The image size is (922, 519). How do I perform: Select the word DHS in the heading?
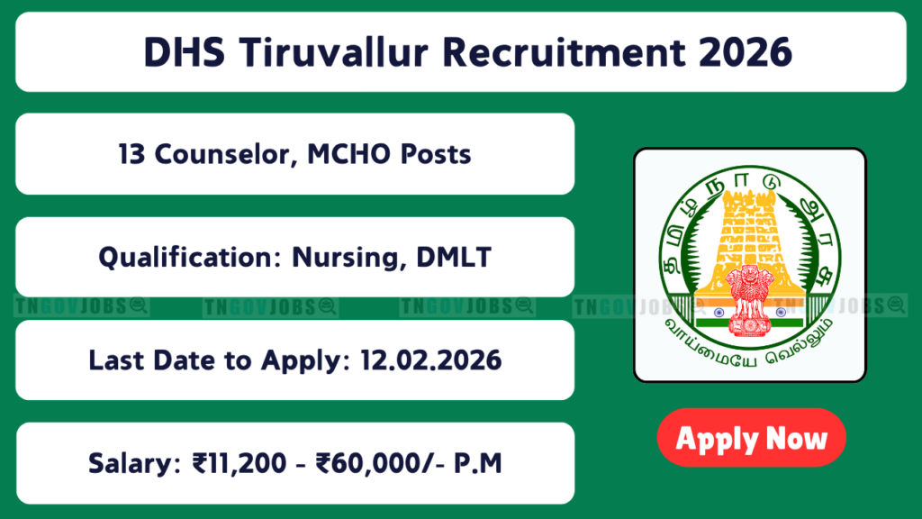(x=184, y=51)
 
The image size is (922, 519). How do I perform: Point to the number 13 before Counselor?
(x=131, y=154)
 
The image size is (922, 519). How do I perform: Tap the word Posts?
(x=436, y=154)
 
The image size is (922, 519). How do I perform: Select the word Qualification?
(x=190, y=257)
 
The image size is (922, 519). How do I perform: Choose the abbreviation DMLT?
(x=454, y=257)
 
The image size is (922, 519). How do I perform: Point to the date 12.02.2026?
(x=431, y=360)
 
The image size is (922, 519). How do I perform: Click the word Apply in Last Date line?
(x=301, y=360)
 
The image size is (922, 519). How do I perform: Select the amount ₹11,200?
(x=240, y=463)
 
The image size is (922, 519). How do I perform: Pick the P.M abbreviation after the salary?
(x=478, y=463)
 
